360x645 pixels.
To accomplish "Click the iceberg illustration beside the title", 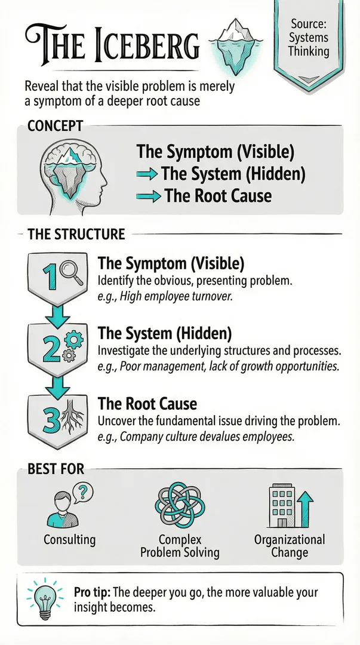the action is (x=235, y=47).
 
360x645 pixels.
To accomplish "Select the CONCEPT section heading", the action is (x=55, y=126).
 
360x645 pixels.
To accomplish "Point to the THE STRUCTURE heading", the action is (x=76, y=235).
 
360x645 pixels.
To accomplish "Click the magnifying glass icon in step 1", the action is (x=71, y=274).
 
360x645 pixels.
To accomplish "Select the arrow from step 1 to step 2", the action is (x=57, y=315).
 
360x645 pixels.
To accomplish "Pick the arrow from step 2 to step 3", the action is (x=57, y=386).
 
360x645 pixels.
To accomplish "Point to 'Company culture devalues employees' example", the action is (x=207, y=437).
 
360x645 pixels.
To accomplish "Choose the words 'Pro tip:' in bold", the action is (x=92, y=593).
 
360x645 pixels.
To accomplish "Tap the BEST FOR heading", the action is (x=56, y=469).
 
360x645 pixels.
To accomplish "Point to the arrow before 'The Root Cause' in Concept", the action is (x=147, y=196).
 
